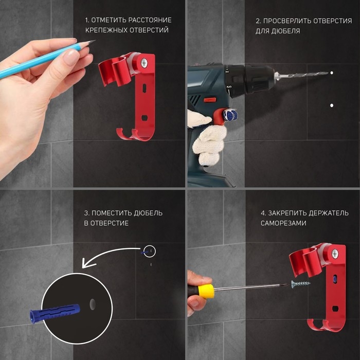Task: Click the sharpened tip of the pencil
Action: [x=94, y=41]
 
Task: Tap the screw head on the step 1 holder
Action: [x=144, y=63]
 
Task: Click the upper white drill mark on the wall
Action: [x=332, y=73]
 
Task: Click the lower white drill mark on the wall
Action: [x=332, y=105]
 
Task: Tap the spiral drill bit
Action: [x=303, y=75]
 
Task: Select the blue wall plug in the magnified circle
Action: [x=55, y=313]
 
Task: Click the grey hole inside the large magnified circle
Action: [x=92, y=304]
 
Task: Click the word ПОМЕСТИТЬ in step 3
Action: [x=112, y=213]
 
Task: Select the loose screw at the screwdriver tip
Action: [x=300, y=284]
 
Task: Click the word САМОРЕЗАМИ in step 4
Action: [x=283, y=223]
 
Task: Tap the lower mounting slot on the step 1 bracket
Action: [x=144, y=118]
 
